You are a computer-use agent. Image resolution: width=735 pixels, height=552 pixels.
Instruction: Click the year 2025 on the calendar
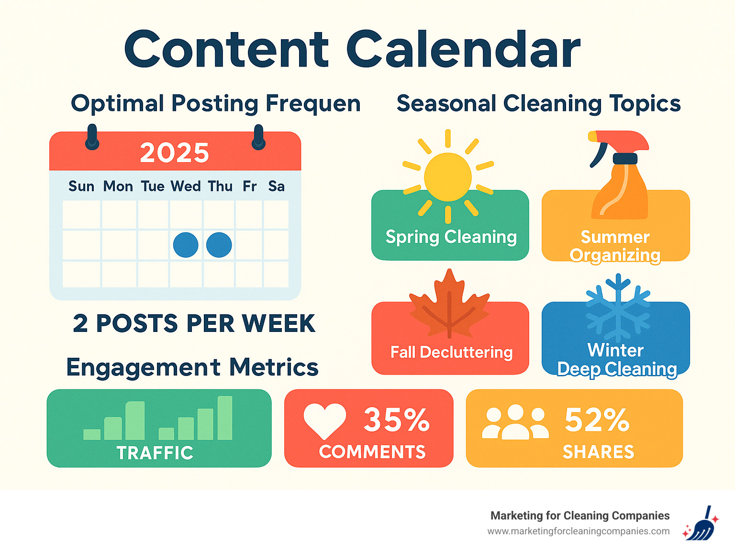pyautogui.click(x=175, y=153)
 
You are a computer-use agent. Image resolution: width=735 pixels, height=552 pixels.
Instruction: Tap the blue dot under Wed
pyautogui.click(x=186, y=245)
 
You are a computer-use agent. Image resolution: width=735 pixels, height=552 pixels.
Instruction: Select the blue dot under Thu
pyautogui.click(x=219, y=245)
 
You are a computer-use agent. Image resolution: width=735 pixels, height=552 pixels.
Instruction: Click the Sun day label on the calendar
pyautogui.click(x=81, y=186)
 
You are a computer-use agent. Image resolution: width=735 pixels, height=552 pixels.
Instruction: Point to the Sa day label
pyautogui.click(x=276, y=186)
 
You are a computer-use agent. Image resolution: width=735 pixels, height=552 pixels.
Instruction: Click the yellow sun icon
pyautogui.click(x=448, y=177)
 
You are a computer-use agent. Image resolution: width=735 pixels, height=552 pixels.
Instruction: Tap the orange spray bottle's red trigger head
pyautogui.click(x=620, y=140)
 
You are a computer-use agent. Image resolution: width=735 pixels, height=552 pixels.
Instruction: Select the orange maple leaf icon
pyautogui.click(x=449, y=306)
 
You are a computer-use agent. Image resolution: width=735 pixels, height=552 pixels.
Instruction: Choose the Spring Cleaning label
pyautogui.click(x=451, y=237)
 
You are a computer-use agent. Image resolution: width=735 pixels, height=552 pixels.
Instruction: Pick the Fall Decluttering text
pyautogui.click(x=451, y=353)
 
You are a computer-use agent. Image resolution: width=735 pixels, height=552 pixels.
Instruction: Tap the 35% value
pyautogui.click(x=396, y=420)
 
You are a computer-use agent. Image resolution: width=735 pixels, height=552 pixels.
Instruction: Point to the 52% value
pyautogui.click(x=597, y=420)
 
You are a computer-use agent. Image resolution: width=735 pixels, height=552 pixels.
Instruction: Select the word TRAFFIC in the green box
pyautogui.click(x=155, y=453)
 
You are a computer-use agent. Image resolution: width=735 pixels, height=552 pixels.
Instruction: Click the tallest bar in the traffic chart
pyautogui.click(x=225, y=418)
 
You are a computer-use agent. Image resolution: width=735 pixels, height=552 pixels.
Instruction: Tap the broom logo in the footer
pyautogui.click(x=701, y=524)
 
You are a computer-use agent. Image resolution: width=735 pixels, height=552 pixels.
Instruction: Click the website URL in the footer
pyautogui.click(x=578, y=531)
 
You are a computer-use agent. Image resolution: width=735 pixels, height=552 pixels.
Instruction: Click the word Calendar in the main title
pyautogui.click(x=463, y=50)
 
